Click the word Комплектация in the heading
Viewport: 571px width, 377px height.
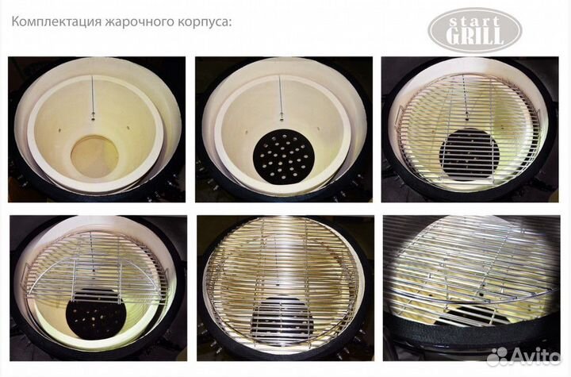coord(55,21)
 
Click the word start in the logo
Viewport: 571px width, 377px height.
coord(475,19)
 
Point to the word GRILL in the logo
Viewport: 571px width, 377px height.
coord(475,36)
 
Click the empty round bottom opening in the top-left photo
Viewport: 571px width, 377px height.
coord(94,156)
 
